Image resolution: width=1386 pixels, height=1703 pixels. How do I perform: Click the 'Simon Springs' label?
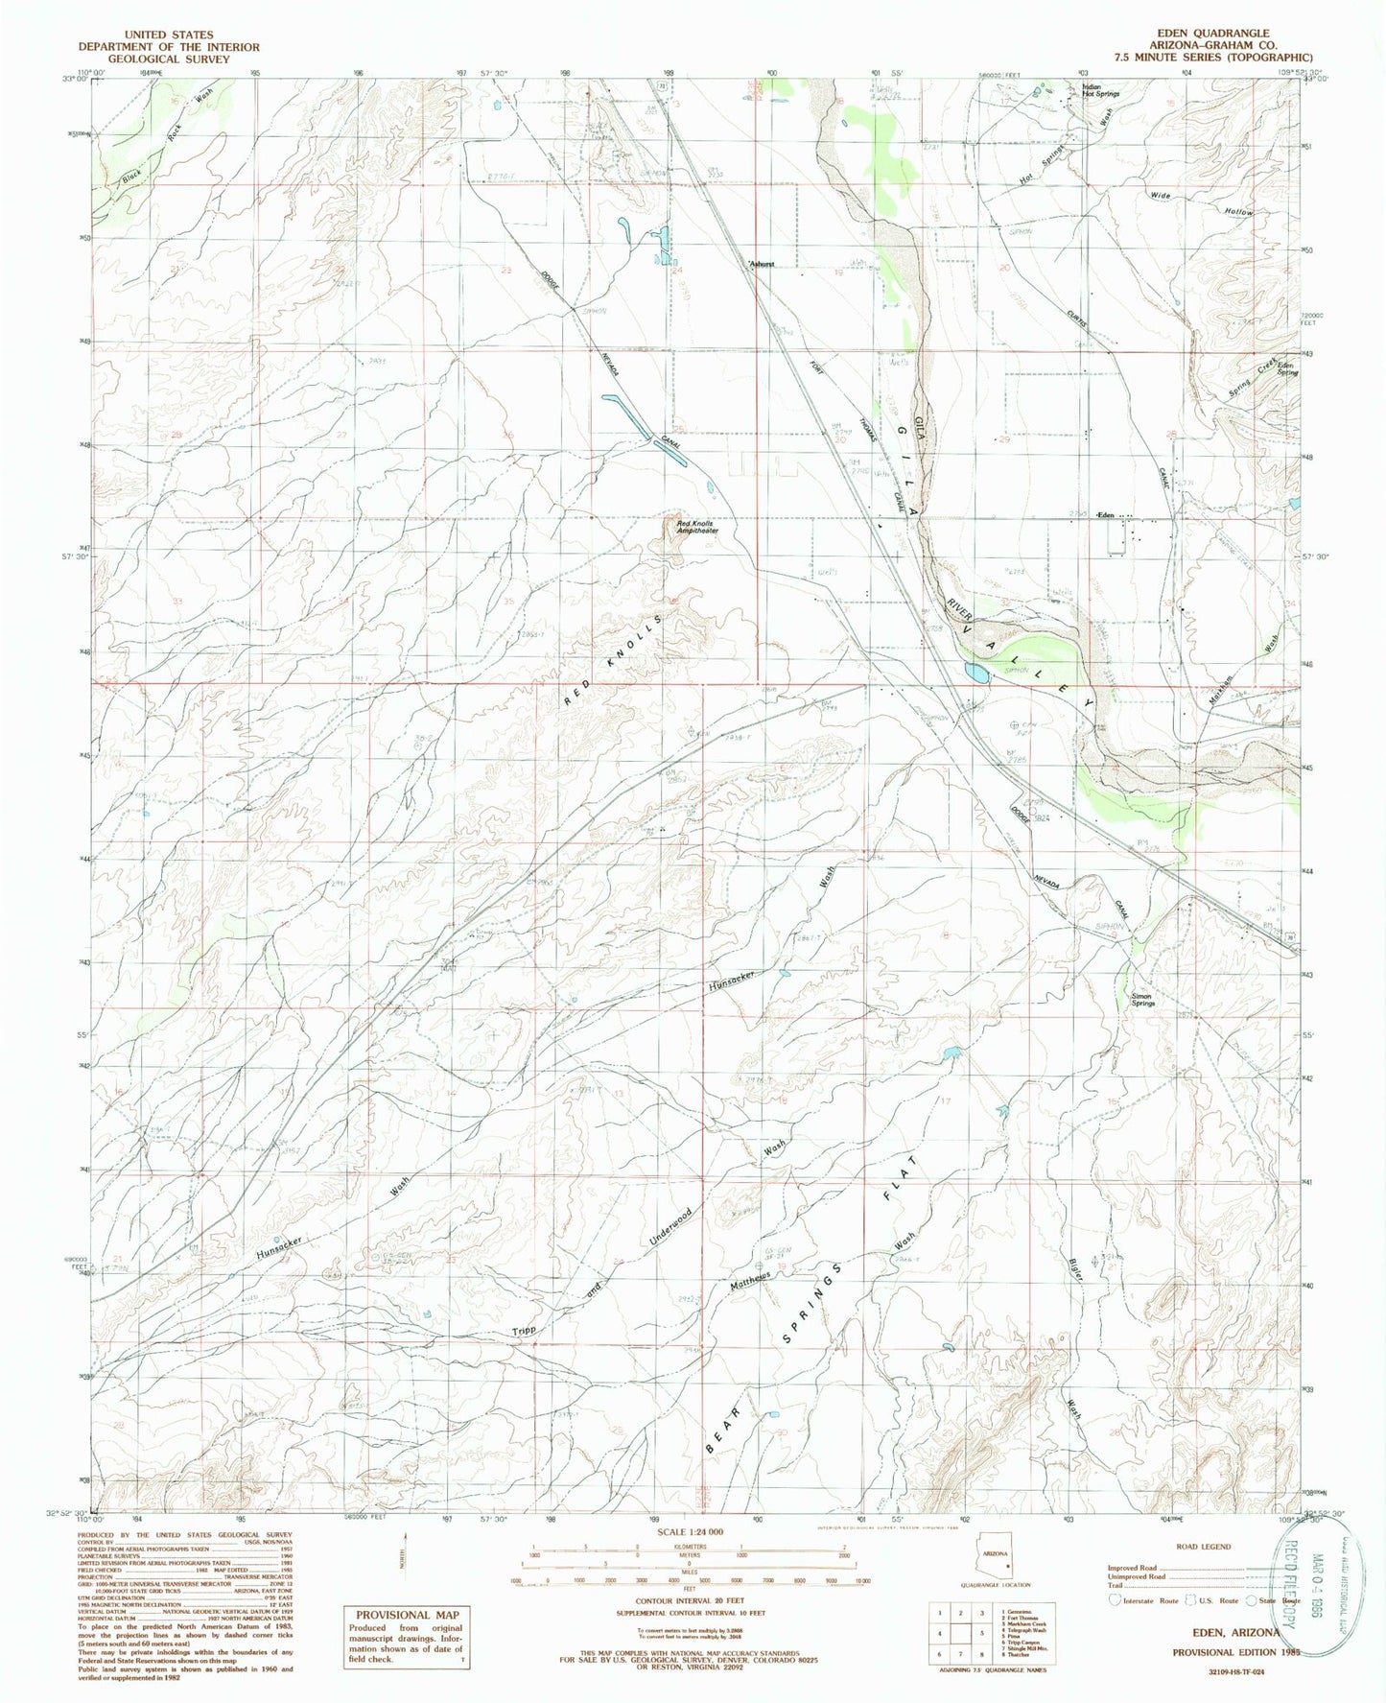tap(1141, 999)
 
